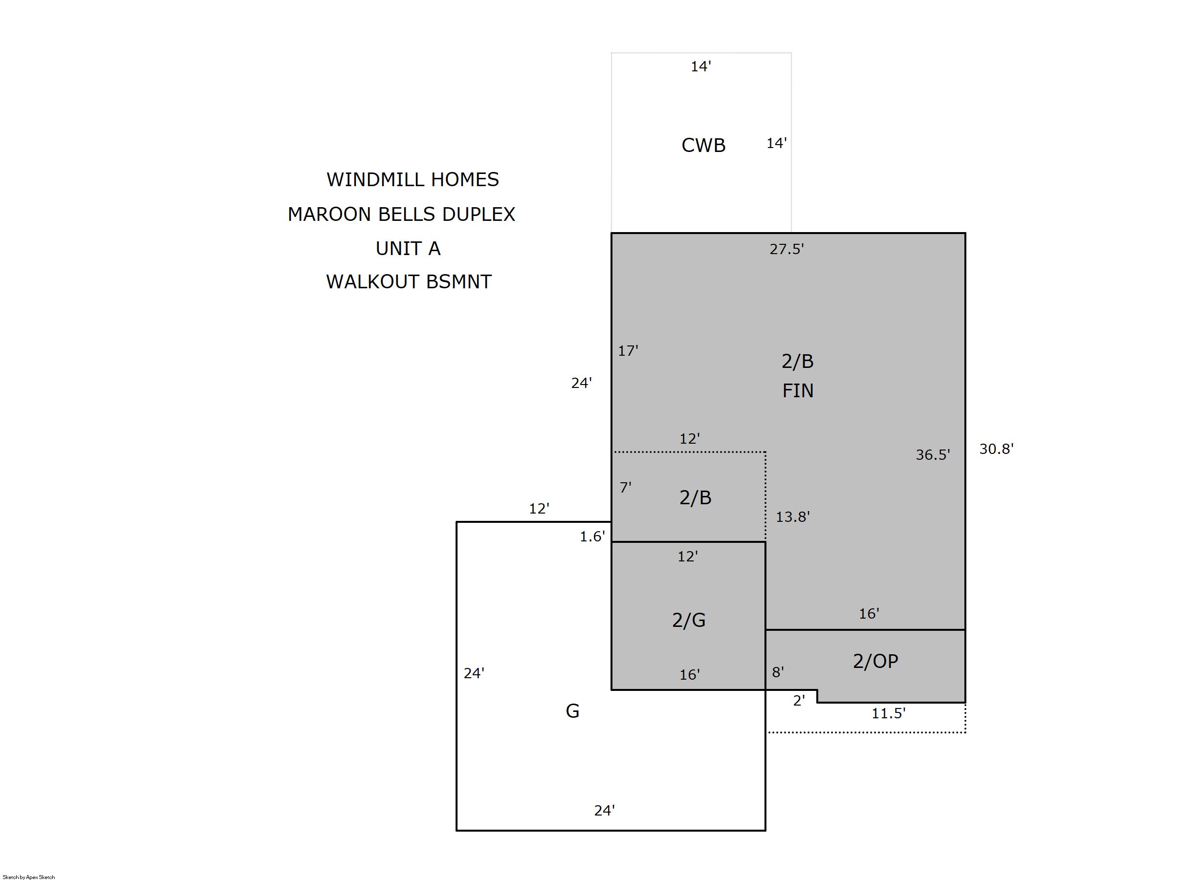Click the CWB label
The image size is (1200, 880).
coord(703,146)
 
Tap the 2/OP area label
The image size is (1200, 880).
coord(875,661)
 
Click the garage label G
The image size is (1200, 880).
coord(572,710)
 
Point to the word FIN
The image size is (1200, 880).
coord(798,391)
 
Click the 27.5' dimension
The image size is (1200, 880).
coord(786,249)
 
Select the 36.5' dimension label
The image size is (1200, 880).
coord(933,454)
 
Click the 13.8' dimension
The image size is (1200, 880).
coord(793,516)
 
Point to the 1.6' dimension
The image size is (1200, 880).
coord(592,537)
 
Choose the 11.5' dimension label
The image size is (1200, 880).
coord(888,713)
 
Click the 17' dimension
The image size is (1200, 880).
coord(628,350)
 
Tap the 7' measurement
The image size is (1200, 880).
coord(626,487)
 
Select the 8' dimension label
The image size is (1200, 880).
coord(778,672)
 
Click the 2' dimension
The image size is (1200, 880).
coord(799,701)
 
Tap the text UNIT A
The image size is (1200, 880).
coord(408,249)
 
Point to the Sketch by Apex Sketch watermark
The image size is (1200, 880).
coord(29,877)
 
